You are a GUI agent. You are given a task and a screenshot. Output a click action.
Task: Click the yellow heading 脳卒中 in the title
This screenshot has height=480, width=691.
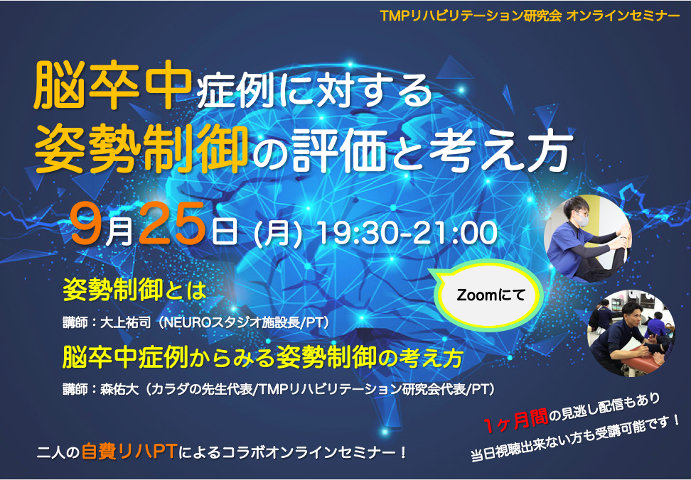pos(112,86)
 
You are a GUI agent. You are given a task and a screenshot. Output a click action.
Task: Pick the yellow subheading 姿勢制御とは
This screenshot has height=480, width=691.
pos(134,291)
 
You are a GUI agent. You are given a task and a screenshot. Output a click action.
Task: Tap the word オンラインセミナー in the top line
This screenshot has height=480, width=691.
pos(623,16)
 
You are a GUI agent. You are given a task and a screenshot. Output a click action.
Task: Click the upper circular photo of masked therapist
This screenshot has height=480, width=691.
pos(589,238)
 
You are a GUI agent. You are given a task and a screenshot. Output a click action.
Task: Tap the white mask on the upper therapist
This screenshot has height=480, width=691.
pos(583,219)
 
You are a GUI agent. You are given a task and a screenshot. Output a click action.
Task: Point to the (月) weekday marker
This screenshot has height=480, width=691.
pos(279,234)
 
